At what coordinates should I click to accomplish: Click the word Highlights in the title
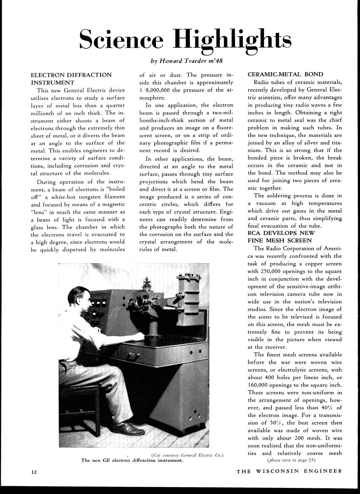[232, 39]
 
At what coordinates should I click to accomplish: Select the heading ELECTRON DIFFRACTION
[71, 75]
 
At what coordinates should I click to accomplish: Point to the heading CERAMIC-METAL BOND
[285, 74]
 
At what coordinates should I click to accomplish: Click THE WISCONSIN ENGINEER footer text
[289, 471]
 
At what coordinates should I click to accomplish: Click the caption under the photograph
[132, 460]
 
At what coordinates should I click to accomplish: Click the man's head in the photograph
[79, 298]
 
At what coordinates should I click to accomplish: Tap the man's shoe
[127, 428]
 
